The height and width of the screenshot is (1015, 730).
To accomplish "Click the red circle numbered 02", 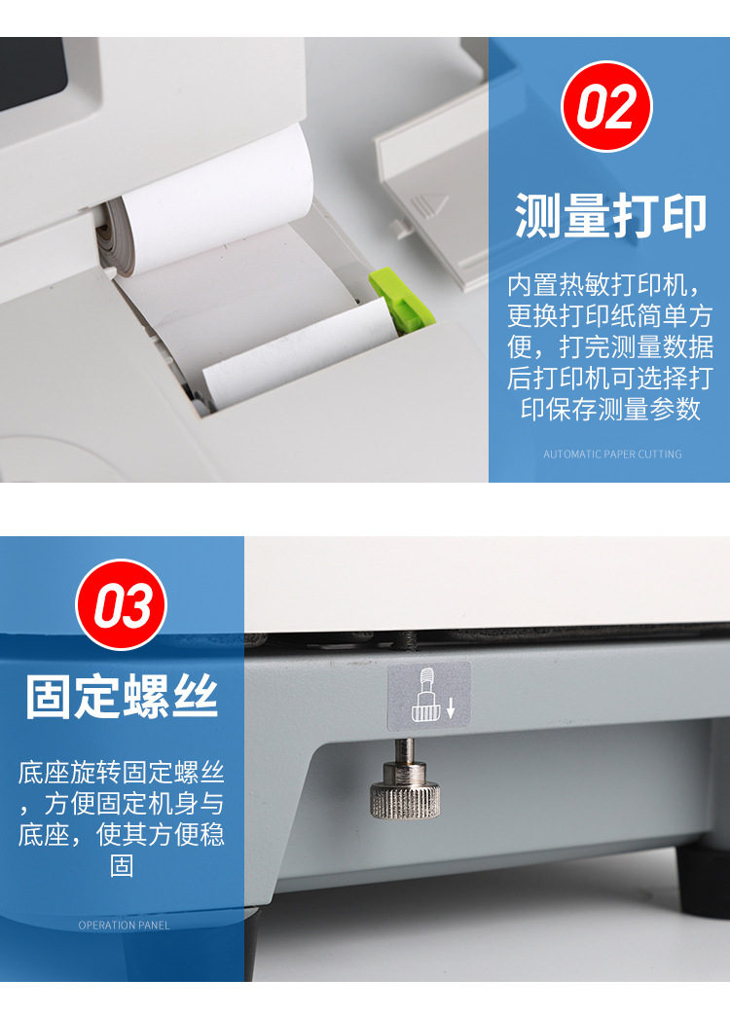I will [x=607, y=106].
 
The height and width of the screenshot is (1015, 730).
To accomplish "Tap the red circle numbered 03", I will [x=122, y=604].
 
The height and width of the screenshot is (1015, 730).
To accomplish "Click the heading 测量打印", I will [x=610, y=215].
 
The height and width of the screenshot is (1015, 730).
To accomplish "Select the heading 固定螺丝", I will [x=122, y=698].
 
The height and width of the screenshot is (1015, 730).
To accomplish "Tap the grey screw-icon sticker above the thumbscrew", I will [x=429, y=697].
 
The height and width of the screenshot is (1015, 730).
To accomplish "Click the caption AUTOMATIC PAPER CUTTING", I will [x=612, y=454].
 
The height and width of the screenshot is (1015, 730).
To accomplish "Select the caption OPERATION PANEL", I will [x=124, y=925].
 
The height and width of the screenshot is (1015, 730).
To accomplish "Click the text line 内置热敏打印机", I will [x=603, y=285].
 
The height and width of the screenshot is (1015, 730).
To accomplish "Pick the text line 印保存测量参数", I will [x=610, y=409].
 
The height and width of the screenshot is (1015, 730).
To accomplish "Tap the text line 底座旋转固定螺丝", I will [x=122, y=774].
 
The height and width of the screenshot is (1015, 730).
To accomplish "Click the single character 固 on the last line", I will [x=122, y=865].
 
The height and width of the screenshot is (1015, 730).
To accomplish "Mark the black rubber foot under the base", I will [x=701, y=881].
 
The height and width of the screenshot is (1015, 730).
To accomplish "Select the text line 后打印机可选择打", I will [x=610, y=378].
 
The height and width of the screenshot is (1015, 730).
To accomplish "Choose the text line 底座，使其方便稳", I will [x=122, y=835].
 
